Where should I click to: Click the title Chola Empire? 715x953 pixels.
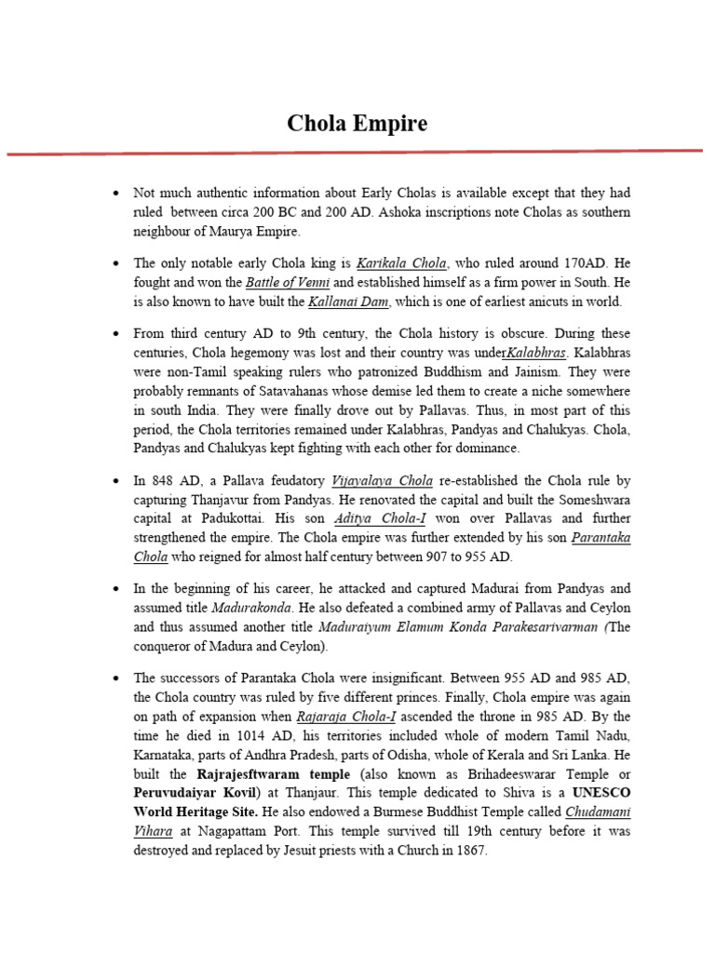(x=357, y=123)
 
